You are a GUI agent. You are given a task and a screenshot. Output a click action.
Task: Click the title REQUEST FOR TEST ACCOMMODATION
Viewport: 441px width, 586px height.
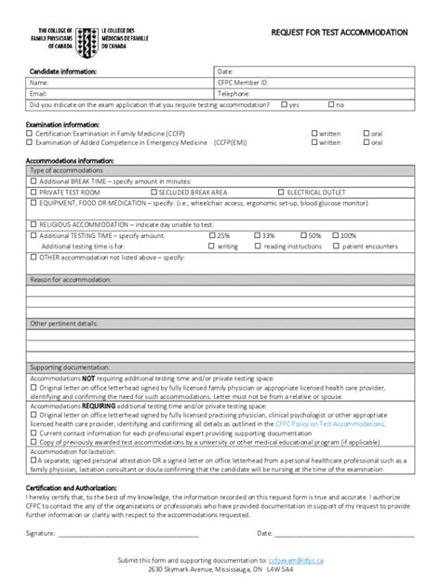(339, 32)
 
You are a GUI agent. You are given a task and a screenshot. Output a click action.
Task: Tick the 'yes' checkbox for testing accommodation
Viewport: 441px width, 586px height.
(284, 105)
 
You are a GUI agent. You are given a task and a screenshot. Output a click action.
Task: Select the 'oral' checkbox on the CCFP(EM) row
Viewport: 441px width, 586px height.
(366, 143)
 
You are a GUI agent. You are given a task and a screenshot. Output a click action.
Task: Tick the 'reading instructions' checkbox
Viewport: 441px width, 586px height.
(257, 245)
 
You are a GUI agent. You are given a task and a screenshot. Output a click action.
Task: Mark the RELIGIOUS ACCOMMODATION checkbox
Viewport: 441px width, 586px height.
(33, 224)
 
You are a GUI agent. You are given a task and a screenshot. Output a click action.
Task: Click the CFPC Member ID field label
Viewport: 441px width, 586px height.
(243, 82)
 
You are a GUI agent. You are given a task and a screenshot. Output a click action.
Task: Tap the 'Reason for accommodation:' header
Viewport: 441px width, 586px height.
(71, 279)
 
